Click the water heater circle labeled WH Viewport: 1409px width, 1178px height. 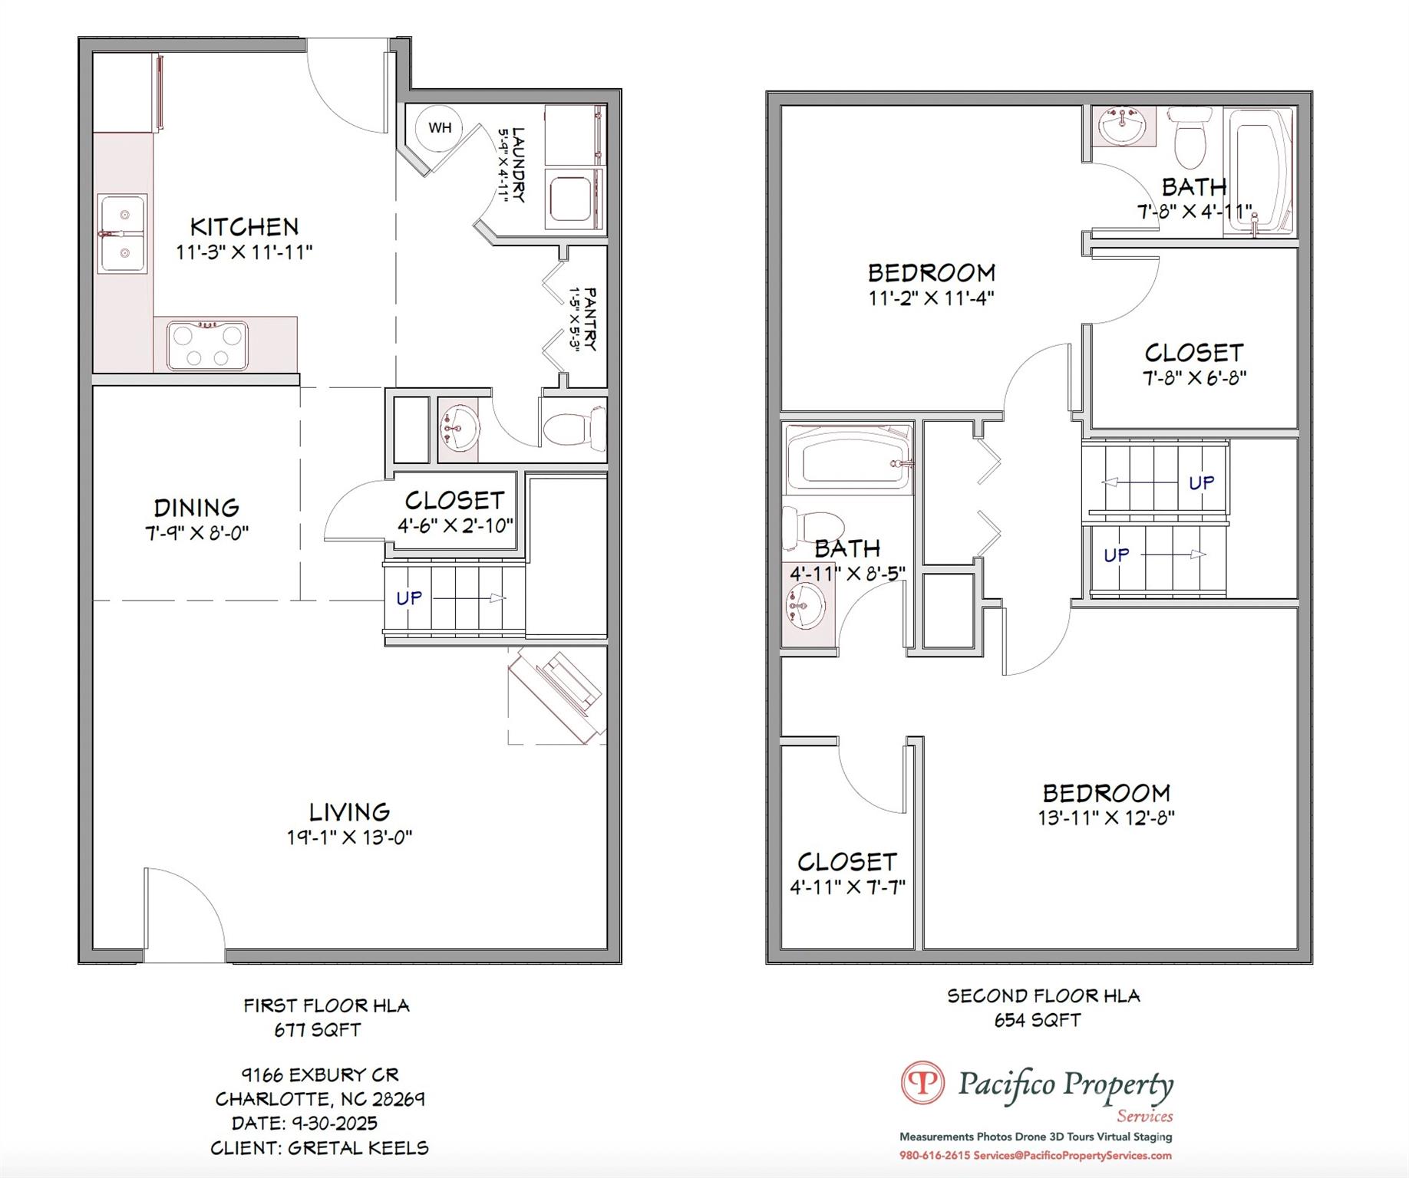pos(439,127)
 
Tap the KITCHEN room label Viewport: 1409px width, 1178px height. pos(244,227)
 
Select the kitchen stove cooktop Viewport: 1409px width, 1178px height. pos(207,346)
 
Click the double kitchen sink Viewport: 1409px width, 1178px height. pos(122,234)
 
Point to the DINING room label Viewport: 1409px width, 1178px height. pos(196,508)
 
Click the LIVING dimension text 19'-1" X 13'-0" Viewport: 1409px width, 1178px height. pos(349,837)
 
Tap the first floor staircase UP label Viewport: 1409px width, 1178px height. pos(408,597)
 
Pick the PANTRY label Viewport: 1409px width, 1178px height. pos(590,319)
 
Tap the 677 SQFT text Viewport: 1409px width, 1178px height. pos(317,1030)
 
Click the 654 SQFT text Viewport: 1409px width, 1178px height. pos(1038,1020)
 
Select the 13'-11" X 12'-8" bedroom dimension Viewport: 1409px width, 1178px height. pos(1106,818)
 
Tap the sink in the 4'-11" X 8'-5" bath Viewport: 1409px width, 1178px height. pos(803,604)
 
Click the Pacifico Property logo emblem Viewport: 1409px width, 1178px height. pos(922,1083)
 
